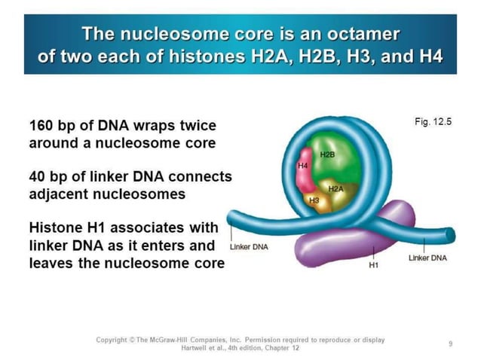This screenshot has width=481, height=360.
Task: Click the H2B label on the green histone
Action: point(327,154)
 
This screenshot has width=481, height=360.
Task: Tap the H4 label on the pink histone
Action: point(303,165)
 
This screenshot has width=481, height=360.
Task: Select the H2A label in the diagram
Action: point(335,189)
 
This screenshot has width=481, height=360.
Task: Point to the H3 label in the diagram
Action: point(314,201)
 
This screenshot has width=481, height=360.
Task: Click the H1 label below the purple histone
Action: point(373,266)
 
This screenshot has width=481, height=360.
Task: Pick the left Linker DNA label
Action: point(248,246)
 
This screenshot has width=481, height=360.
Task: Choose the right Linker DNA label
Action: point(427,258)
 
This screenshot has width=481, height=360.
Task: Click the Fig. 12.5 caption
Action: point(433,121)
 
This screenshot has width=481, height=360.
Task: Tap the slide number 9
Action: point(450,343)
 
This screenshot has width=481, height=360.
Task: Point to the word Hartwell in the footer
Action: point(197,348)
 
